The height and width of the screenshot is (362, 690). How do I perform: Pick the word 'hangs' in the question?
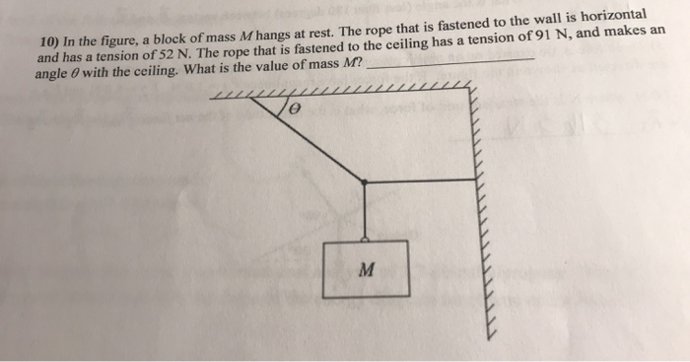pyautogui.click(x=277, y=36)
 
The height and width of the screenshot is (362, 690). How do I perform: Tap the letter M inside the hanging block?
pyautogui.click(x=365, y=268)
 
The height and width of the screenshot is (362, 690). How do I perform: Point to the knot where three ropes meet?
pyautogui.click(x=366, y=181)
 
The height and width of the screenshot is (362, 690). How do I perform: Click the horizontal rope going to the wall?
pyautogui.click(x=422, y=181)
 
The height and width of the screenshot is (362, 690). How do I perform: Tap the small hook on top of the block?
pyautogui.click(x=366, y=237)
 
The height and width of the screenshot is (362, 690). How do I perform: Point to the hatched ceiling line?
pyautogui.click(x=345, y=93)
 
